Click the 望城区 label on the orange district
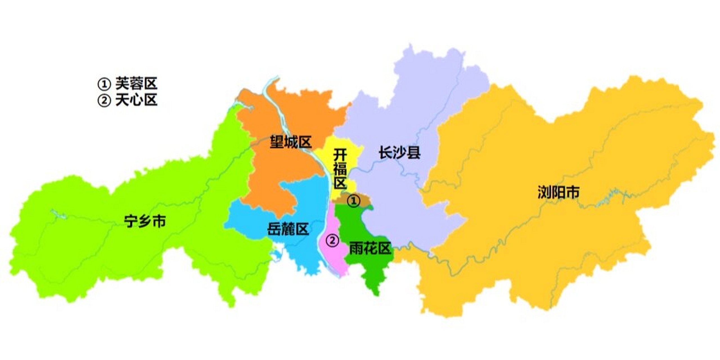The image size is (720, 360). pos(291,142)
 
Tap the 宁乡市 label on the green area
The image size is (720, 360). pos(145,221)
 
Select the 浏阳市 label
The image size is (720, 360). pos(559,192)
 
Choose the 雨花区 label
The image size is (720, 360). pos(370,248)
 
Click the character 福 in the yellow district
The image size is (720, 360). pos(340,169)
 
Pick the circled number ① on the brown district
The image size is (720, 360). pos(353,201)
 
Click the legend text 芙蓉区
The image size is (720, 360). pos(136,84)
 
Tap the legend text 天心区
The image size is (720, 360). pos(136,100)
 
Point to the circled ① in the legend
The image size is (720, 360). pos(104,84)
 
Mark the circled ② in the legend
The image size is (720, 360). pos(104,100)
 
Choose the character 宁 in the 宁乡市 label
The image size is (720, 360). pos(131,221)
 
